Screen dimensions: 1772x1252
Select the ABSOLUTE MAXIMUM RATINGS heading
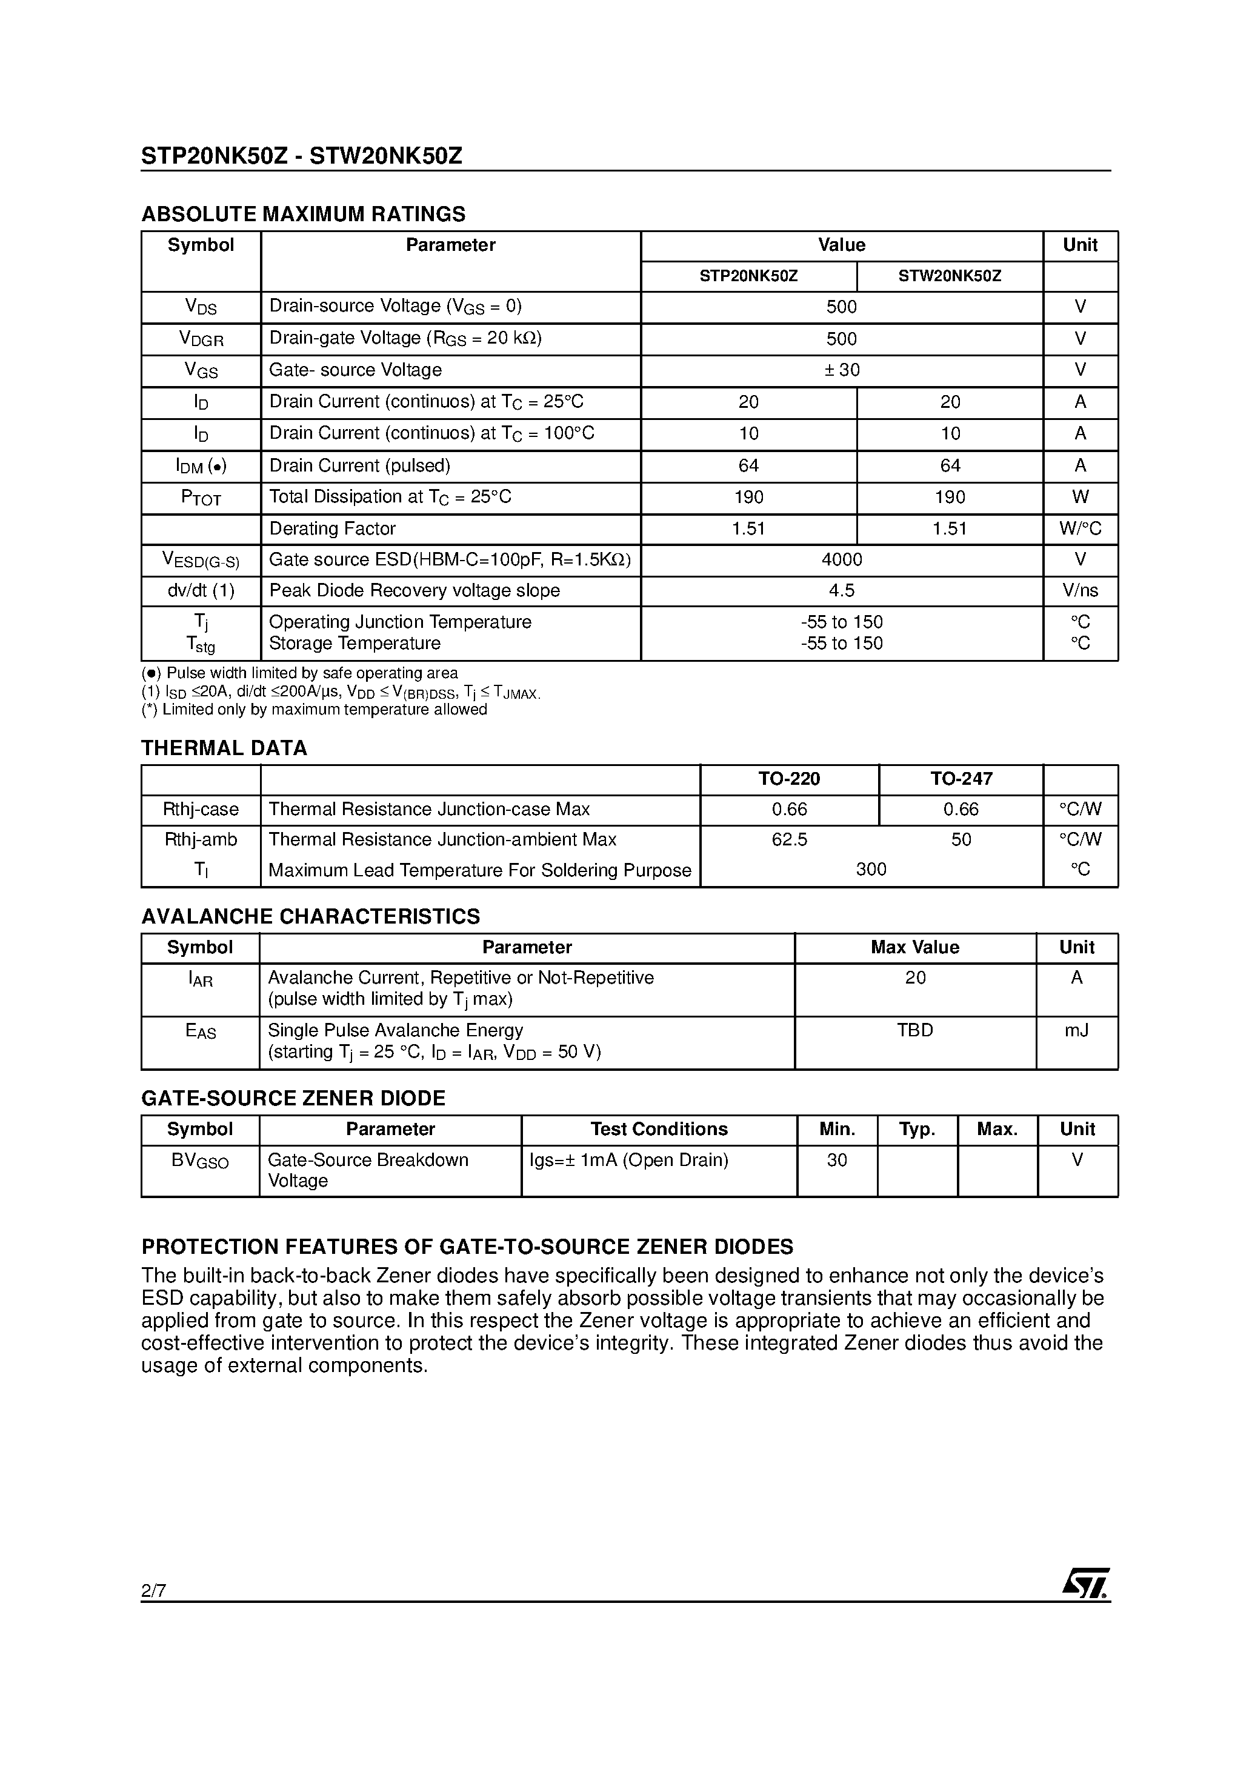(x=304, y=214)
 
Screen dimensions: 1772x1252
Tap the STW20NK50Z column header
(x=950, y=276)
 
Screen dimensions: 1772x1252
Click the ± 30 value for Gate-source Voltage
(x=841, y=370)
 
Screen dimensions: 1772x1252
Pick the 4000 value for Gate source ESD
(x=841, y=559)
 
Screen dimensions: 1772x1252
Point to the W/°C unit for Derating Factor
(x=1080, y=528)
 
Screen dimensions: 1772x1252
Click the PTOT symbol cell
(x=201, y=498)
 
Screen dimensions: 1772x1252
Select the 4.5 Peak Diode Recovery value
(x=841, y=590)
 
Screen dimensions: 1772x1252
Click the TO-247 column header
(x=961, y=779)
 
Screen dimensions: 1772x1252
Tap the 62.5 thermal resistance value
(x=789, y=840)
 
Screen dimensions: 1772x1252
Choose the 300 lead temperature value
(x=871, y=870)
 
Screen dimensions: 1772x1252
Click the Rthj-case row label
(x=201, y=810)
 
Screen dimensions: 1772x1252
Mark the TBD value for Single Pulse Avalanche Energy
(x=914, y=1030)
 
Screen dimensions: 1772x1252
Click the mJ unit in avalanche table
(x=1076, y=1030)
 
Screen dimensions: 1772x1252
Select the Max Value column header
(x=914, y=948)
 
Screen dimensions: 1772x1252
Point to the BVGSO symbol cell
(x=200, y=1161)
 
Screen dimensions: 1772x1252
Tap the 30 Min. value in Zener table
(x=837, y=1160)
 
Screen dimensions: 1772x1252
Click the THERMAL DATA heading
(x=224, y=748)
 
